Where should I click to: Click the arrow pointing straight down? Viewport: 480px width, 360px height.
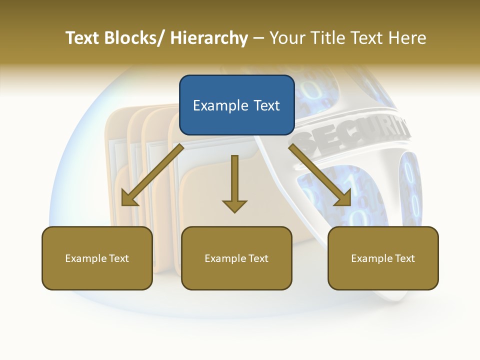click(234, 185)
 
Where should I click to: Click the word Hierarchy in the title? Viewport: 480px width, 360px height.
click(209, 38)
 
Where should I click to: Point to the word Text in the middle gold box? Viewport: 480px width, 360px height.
click(258, 258)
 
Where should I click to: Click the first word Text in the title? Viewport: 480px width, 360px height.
click(82, 38)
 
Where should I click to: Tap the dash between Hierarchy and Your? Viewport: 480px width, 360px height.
click(258, 38)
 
